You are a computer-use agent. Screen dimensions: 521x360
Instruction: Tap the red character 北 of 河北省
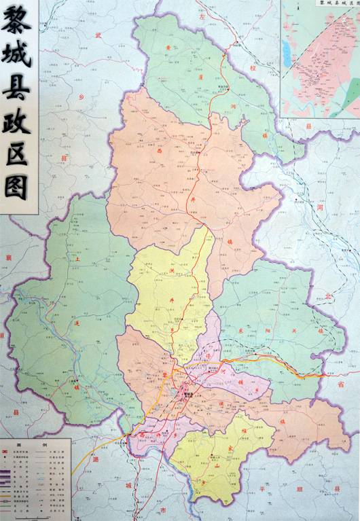point(328,297)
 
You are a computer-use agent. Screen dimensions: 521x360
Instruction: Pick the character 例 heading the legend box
point(46,444)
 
